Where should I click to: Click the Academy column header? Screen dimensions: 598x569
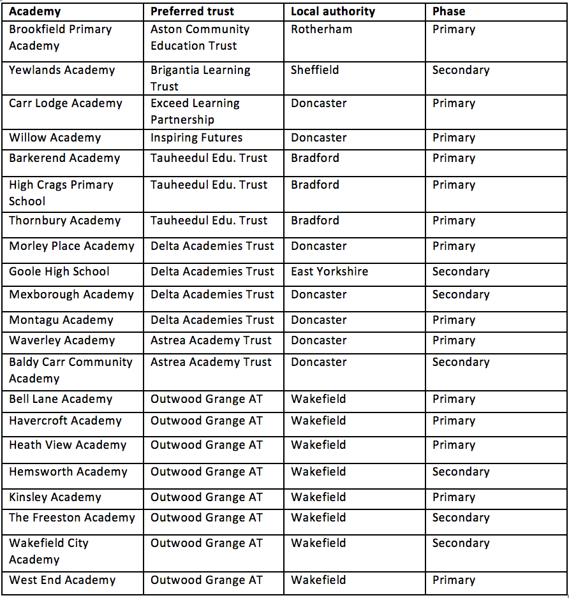35,11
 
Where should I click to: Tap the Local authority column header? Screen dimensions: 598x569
333,11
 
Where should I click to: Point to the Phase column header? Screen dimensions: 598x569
449,11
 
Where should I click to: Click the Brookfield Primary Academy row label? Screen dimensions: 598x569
60,38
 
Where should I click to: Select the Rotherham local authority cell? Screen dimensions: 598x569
321,29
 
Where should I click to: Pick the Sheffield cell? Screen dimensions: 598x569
315,70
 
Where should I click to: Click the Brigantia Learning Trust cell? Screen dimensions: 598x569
200,78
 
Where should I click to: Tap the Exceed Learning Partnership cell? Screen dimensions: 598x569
195,112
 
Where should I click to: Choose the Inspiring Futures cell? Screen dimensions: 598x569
196,138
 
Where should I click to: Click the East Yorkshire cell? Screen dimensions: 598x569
329,272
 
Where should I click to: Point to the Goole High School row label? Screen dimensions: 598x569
59,272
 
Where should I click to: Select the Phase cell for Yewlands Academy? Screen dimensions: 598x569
461,70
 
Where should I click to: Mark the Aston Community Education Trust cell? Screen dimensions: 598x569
200,38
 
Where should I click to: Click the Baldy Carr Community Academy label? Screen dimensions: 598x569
70,370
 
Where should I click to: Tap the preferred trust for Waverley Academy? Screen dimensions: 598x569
211,340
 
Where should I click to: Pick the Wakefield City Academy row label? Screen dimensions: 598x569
48,551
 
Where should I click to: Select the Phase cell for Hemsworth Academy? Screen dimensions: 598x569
461,472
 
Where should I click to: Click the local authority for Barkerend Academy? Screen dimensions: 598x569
315,158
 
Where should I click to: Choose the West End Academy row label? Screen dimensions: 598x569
62,580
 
